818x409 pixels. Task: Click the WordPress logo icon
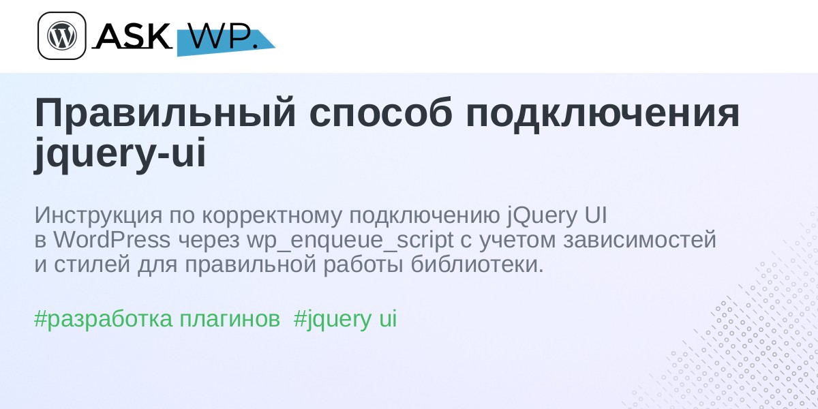click(62, 35)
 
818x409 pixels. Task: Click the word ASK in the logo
click(133, 35)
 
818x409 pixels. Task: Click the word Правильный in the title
click(165, 113)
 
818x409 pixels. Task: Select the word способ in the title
click(380, 113)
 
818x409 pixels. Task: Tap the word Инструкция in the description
click(98, 216)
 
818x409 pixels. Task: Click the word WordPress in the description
click(112, 240)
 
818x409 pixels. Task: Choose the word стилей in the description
click(92, 265)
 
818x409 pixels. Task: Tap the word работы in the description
click(363, 264)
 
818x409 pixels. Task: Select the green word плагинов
click(230, 319)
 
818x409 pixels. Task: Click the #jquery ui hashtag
click(345, 319)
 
